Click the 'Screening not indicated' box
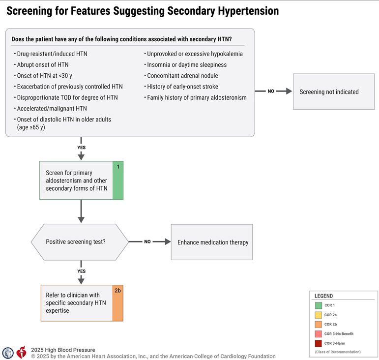(x=334, y=91)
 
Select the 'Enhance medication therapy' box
(x=212, y=242)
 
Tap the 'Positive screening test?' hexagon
(x=79, y=242)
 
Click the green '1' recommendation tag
(x=118, y=180)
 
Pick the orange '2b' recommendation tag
(x=118, y=302)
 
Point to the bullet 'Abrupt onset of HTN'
(x=43, y=64)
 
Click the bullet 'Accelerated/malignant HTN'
(x=52, y=108)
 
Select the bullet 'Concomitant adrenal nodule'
(x=182, y=76)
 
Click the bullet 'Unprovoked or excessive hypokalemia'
(x=195, y=54)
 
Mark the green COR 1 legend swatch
(x=318, y=306)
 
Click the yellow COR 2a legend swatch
(x=318, y=315)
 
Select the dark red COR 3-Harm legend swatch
(x=318, y=343)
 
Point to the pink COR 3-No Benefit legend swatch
(x=318, y=334)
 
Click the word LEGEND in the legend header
(x=323, y=296)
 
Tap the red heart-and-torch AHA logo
(x=21, y=352)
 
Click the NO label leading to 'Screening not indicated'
(x=271, y=91)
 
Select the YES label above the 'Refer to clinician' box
(x=81, y=271)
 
